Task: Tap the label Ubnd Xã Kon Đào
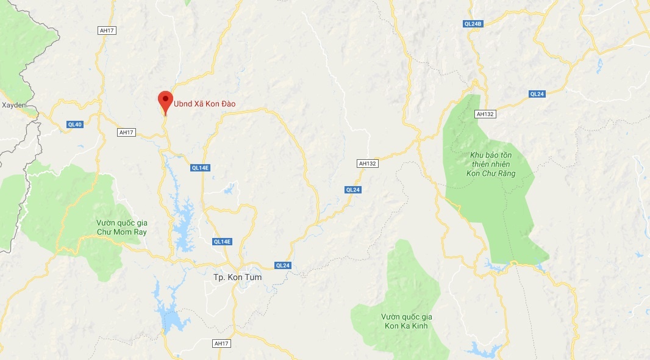click(204, 104)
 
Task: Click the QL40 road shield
click(74, 124)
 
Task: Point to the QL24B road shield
click(473, 24)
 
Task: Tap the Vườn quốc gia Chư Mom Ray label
click(122, 227)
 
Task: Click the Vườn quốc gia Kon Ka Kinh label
click(406, 321)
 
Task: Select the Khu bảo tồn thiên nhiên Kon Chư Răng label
click(493, 165)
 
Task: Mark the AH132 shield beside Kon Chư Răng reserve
click(484, 114)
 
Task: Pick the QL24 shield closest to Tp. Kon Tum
click(283, 265)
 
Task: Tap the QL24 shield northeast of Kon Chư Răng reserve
click(537, 94)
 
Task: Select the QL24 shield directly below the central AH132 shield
click(353, 190)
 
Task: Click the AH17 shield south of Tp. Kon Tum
click(221, 344)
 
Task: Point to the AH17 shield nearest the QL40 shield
click(126, 132)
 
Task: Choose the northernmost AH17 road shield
click(106, 30)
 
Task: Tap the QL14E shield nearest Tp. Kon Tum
click(223, 242)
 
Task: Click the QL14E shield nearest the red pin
click(201, 168)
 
